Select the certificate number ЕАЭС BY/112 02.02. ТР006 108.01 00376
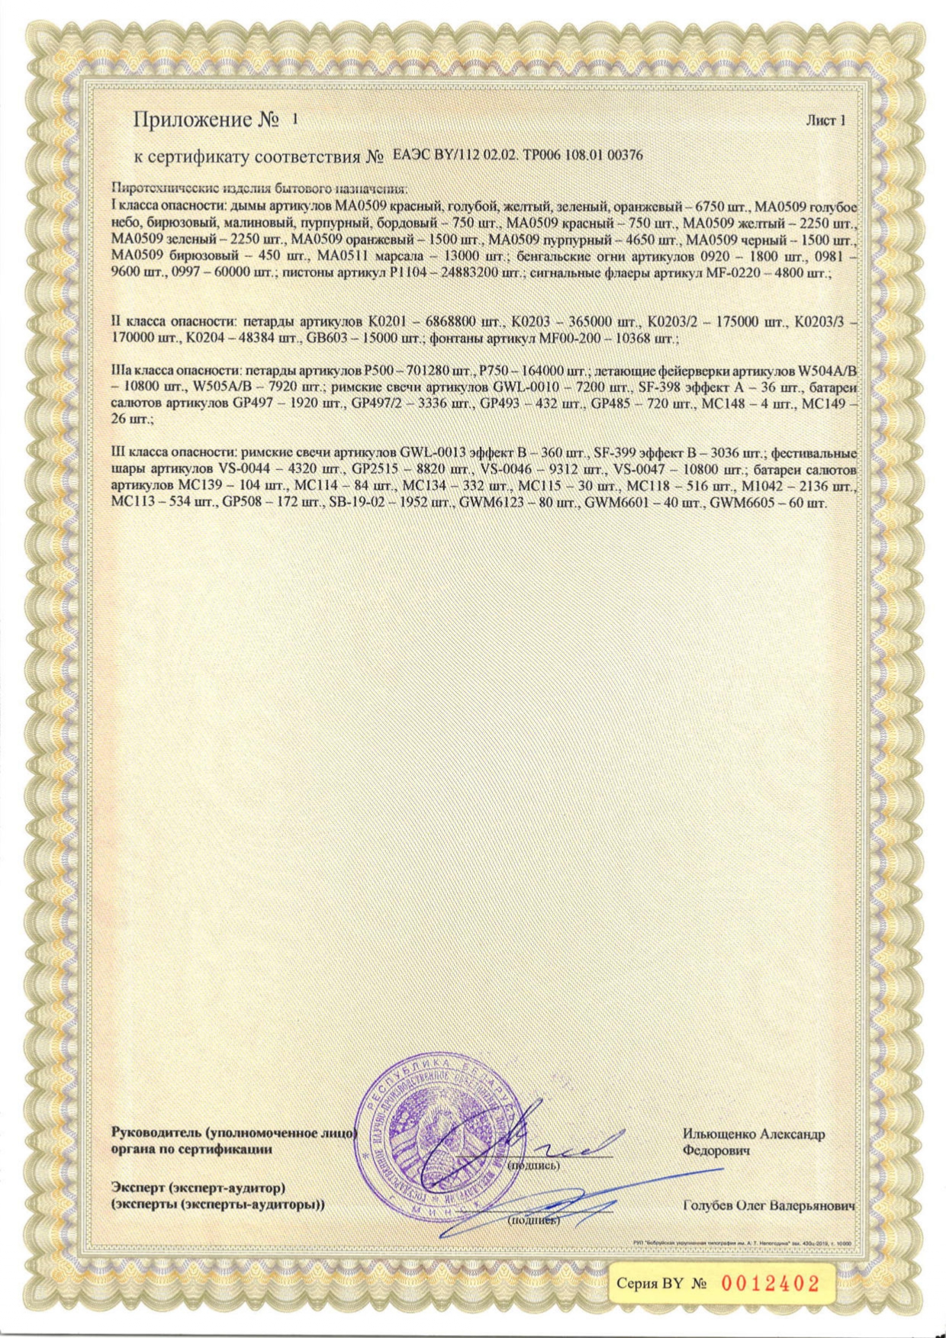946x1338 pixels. tap(517, 156)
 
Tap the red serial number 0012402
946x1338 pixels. tap(769, 1282)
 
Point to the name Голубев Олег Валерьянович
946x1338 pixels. tap(769, 1206)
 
